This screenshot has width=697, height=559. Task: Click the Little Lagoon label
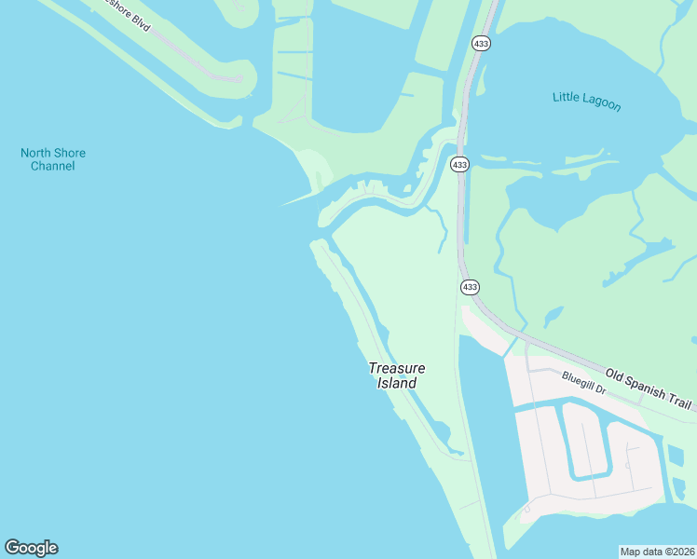coord(586,100)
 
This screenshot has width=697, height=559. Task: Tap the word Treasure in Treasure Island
coord(397,368)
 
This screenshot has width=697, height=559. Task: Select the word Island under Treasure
coord(397,383)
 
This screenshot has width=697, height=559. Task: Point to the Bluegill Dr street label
coord(583,383)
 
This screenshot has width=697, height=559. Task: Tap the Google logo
coord(31,548)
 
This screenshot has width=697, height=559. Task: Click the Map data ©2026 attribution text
coord(658,552)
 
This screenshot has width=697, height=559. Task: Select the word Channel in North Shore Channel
coord(52,167)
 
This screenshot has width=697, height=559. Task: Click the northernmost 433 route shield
coord(481,44)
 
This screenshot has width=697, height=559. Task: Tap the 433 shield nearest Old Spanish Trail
coord(470,287)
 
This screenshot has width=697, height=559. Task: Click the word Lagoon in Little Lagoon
coord(601,102)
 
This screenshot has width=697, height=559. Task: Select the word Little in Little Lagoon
coord(567,96)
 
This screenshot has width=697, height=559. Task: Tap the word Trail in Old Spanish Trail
coord(678,400)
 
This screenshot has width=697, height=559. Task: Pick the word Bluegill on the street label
coord(578,380)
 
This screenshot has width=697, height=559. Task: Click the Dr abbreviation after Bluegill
coord(601,389)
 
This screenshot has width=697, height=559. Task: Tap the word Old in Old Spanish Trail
coord(614,375)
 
